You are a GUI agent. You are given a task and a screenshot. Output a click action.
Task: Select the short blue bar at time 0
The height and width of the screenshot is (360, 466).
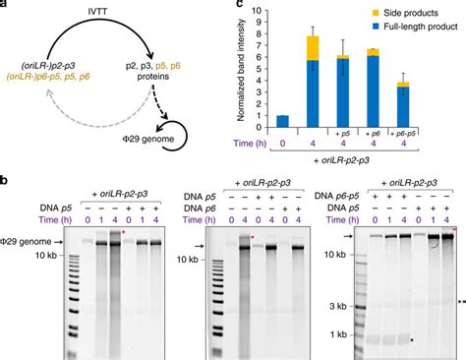pos(283,121)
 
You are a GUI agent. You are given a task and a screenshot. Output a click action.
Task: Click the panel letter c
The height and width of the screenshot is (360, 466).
pos(239,5)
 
